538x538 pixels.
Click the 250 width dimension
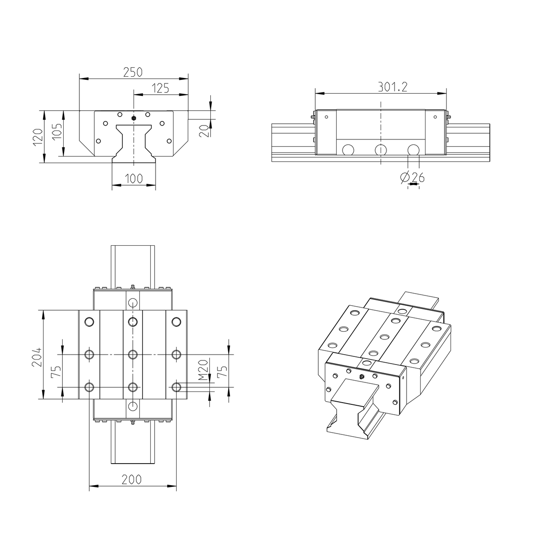click(x=133, y=72)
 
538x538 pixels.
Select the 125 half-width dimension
click(x=160, y=88)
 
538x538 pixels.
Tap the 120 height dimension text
click(x=38, y=137)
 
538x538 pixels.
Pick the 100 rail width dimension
click(x=133, y=178)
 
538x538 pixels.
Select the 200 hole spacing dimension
click(x=132, y=479)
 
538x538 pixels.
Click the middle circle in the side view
click(x=380, y=150)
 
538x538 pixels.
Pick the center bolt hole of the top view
click(x=132, y=355)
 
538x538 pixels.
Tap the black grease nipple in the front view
click(x=134, y=118)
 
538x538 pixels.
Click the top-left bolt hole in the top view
click(x=89, y=321)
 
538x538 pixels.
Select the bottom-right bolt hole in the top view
click(x=176, y=386)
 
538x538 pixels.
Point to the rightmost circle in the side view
click(x=413, y=150)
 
